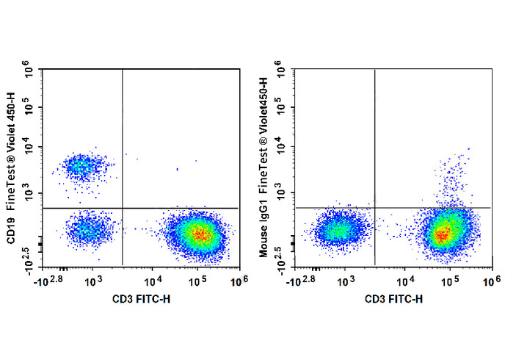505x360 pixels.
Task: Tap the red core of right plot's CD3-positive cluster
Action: pos(442,234)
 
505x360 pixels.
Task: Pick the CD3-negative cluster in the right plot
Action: pos(336,231)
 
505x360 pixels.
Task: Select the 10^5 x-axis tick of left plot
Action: pos(197,281)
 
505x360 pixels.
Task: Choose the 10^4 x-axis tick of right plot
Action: pos(406,281)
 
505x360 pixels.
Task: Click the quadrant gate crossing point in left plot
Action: pos(122,208)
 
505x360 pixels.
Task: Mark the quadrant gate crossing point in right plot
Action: pos(375,208)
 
